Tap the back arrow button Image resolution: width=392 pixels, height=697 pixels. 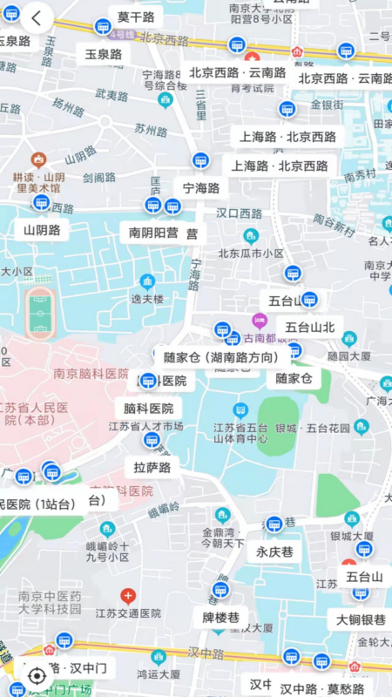tap(37, 17)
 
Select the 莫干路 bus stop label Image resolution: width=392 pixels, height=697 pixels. tap(136, 17)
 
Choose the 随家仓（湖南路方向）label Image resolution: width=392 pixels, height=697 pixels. tap(221, 357)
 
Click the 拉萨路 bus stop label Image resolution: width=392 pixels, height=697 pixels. tap(152, 467)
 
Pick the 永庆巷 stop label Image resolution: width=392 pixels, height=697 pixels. tap(274, 552)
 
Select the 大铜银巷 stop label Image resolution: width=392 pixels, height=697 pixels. tap(361, 619)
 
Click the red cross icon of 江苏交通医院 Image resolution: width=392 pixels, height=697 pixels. tap(128, 597)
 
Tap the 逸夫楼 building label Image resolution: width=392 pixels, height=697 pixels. tap(147, 298)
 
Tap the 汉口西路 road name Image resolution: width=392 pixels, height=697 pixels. tap(239, 213)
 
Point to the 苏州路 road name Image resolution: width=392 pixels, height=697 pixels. tap(151, 130)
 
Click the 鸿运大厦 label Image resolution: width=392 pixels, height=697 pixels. tap(158, 673)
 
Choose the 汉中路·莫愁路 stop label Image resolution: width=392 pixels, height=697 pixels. tap(321, 688)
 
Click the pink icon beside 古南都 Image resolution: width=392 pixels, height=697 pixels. tap(260, 321)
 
